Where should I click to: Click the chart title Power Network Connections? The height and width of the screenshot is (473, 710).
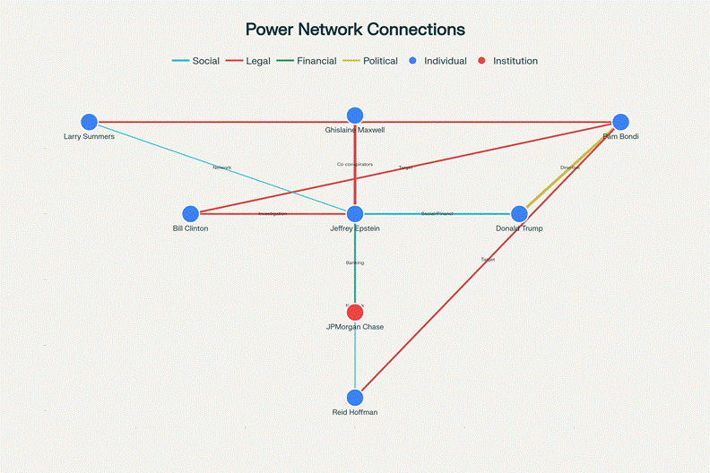(x=355, y=29)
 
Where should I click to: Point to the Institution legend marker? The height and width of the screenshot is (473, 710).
(x=481, y=61)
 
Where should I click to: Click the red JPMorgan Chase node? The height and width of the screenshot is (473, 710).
(x=355, y=312)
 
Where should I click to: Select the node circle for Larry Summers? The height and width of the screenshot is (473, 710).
(x=89, y=122)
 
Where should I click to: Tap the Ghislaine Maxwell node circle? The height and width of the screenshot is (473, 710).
(x=355, y=115)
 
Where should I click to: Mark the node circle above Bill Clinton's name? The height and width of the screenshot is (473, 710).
(x=190, y=214)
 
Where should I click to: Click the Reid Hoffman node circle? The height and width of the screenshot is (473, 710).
(x=355, y=397)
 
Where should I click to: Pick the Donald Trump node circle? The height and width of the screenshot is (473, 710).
(x=519, y=214)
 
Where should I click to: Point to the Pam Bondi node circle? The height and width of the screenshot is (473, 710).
(x=620, y=122)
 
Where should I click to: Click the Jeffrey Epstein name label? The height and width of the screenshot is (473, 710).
(x=355, y=229)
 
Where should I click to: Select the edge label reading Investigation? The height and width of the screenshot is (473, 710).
(x=273, y=214)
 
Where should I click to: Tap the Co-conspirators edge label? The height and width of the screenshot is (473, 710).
(x=355, y=165)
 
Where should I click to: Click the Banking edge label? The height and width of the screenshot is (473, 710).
(x=355, y=262)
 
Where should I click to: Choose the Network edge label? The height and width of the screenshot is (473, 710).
(x=221, y=168)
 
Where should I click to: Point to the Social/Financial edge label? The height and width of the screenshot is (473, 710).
(x=437, y=214)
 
